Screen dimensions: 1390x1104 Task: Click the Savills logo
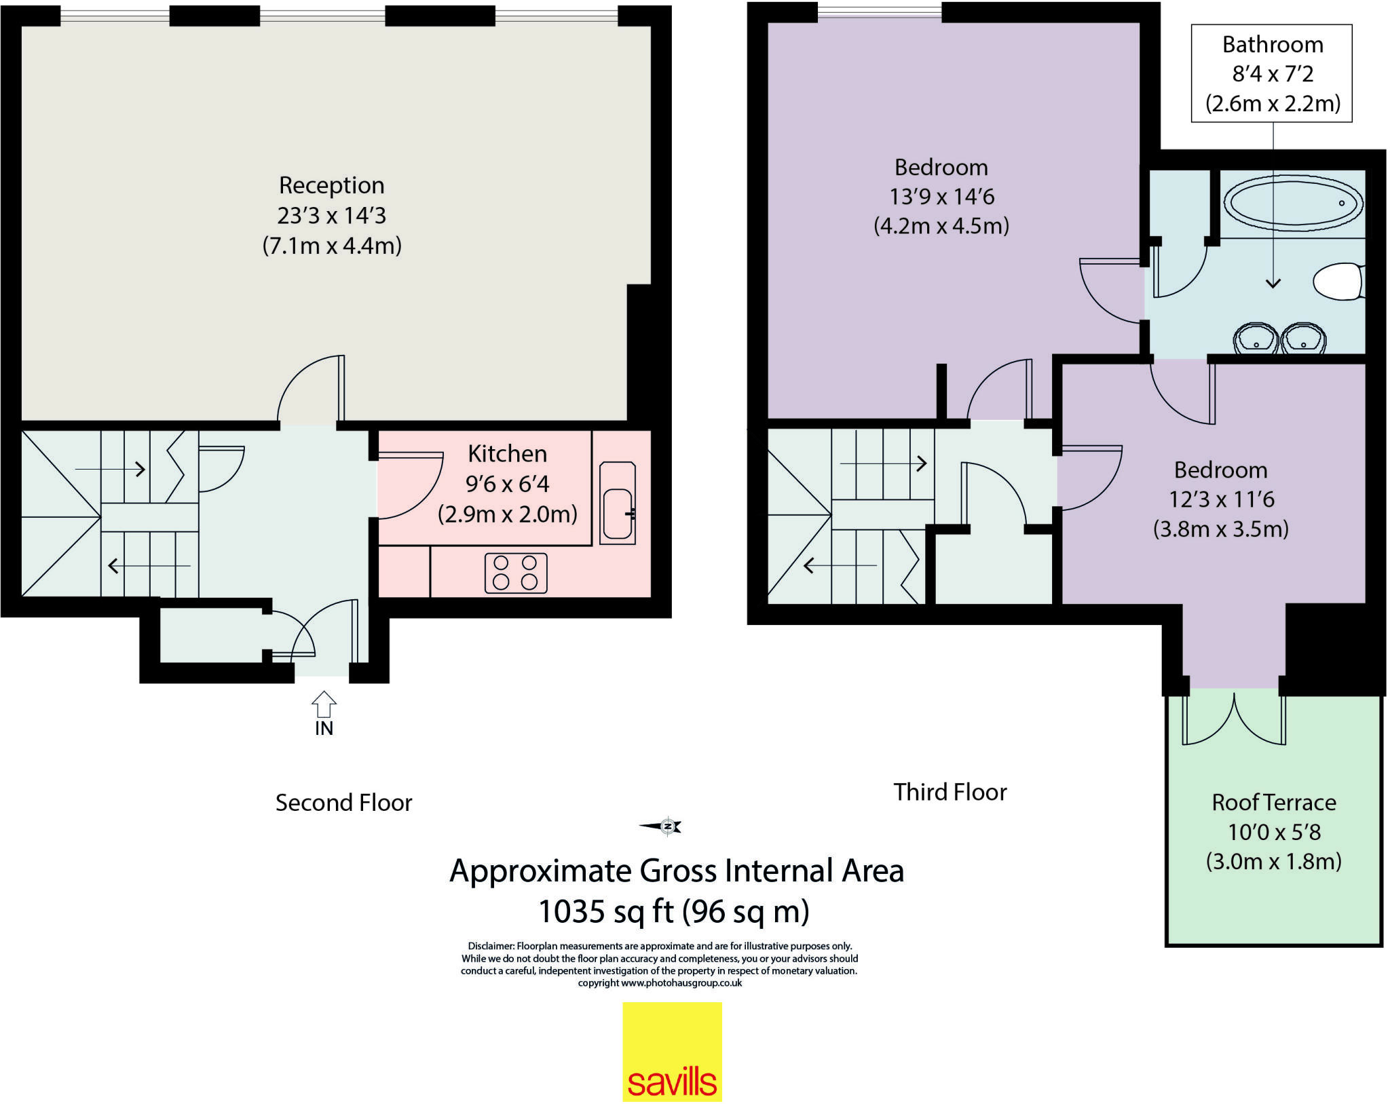(x=672, y=1051)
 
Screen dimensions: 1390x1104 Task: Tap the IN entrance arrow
(x=324, y=704)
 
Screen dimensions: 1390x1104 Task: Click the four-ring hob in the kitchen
(x=516, y=573)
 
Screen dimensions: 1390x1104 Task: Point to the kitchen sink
(x=618, y=503)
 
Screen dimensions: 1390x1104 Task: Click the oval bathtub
(x=1292, y=203)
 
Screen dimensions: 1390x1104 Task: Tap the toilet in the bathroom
(x=1338, y=282)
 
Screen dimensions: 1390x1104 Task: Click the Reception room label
(x=332, y=185)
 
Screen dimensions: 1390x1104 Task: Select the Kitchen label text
(x=508, y=453)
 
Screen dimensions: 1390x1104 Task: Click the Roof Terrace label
(x=1274, y=802)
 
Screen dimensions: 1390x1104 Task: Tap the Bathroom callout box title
(x=1273, y=45)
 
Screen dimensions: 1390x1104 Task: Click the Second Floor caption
(x=344, y=803)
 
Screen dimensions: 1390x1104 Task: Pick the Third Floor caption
(x=950, y=792)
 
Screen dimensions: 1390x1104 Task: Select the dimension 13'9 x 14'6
(x=942, y=197)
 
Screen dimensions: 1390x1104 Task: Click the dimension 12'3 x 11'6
(x=1221, y=499)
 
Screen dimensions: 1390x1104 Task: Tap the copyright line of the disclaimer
(x=660, y=983)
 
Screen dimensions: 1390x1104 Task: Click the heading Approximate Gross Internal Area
(x=677, y=871)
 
